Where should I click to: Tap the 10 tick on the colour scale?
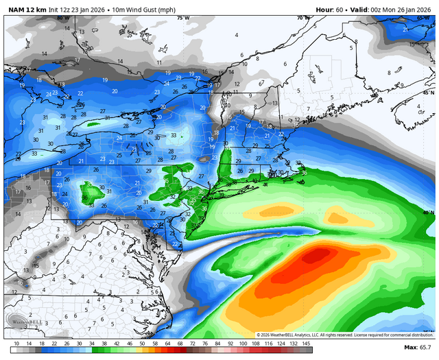pos(16,343)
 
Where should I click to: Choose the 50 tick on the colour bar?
pos(141,343)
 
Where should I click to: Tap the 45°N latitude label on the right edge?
pos(429,92)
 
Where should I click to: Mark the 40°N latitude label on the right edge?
pos(429,213)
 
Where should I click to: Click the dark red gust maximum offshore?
pos(317,256)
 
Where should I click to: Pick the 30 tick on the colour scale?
pos(79,343)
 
